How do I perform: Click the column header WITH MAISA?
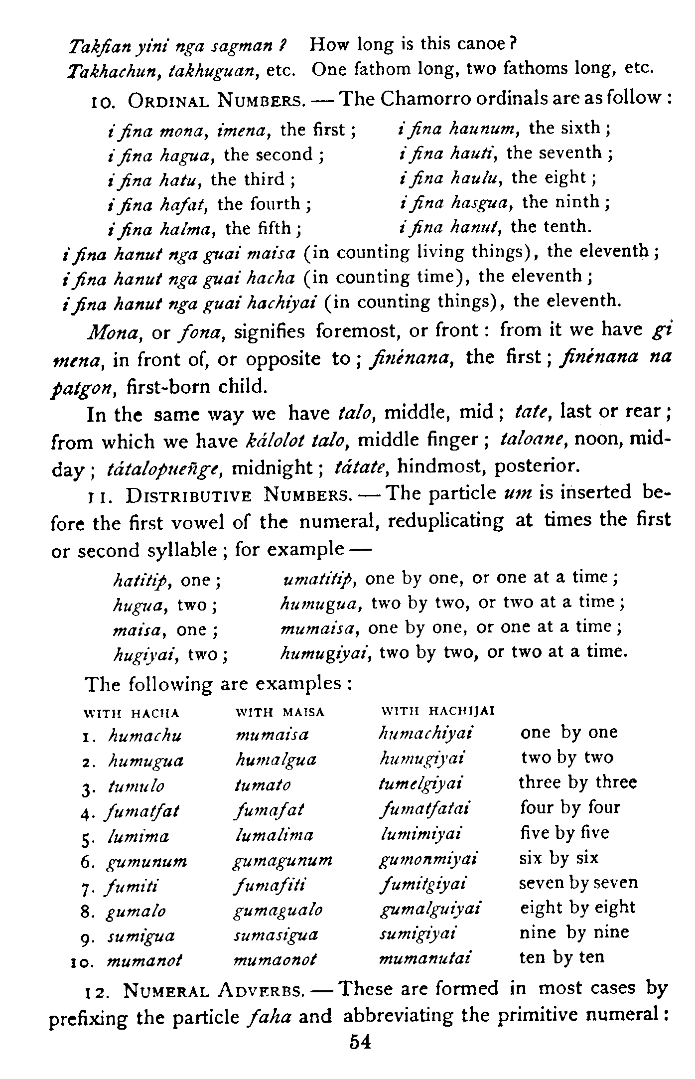pos(279,712)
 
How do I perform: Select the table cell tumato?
pos(263,785)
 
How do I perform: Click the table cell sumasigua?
pos(276,934)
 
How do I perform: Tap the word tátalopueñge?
pos(161,469)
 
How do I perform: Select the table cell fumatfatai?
pos(424,809)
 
